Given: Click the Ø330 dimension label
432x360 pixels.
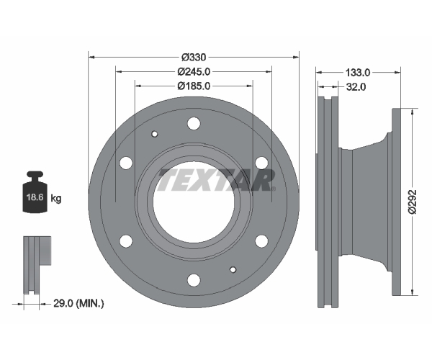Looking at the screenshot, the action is click(x=194, y=58).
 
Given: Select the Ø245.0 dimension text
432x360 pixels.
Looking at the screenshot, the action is click(x=194, y=71).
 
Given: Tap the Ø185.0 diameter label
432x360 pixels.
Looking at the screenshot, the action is click(x=194, y=86).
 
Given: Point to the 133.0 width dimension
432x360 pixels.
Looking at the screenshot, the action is click(x=358, y=73).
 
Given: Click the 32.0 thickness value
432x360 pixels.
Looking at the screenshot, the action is click(x=356, y=87).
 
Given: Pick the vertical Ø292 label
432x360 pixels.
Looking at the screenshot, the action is click(x=413, y=202).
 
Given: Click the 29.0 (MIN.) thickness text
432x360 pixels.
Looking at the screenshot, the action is click(x=78, y=304).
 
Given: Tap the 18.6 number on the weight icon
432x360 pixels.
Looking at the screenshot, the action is click(x=35, y=197).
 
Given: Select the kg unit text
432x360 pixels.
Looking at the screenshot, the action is click(x=56, y=198).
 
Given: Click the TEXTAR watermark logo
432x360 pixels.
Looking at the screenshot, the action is click(x=216, y=180).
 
